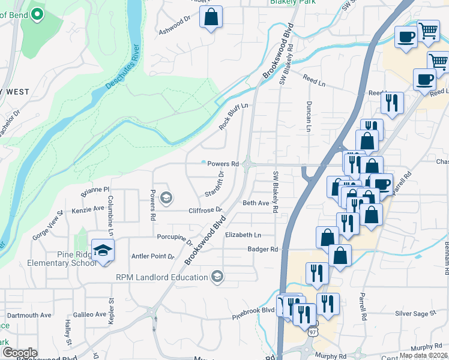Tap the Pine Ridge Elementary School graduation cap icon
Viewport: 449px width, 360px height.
(103, 250)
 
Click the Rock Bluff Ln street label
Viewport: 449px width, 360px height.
(234, 115)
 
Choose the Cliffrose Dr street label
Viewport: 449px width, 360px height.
(205, 211)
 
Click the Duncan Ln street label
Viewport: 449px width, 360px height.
(309, 116)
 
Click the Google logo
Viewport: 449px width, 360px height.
(20, 353)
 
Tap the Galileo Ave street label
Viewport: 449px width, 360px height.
(89, 314)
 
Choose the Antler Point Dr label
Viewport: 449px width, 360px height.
(152, 257)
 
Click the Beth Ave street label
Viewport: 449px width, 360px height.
(256, 203)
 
